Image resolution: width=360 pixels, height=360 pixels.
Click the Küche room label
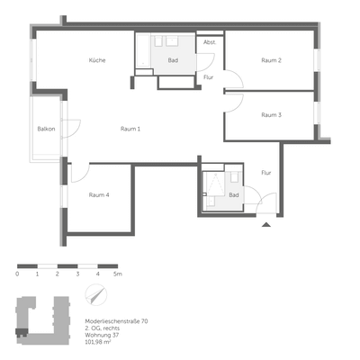click(97, 60)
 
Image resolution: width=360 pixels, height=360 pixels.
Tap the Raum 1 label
click(130, 129)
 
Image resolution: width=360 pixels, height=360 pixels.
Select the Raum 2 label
click(272, 60)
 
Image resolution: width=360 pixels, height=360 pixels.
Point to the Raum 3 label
click(272, 115)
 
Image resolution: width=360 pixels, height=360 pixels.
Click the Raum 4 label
click(99, 194)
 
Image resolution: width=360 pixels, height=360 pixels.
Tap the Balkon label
click(47, 129)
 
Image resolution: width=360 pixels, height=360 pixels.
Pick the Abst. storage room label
click(210, 42)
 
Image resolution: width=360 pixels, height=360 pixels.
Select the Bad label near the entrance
click(234, 194)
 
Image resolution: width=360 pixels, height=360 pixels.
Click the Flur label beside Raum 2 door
click(209, 77)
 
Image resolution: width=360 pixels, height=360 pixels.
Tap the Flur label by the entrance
click(266, 172)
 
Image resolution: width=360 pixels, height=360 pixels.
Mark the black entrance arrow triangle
click(265, 225)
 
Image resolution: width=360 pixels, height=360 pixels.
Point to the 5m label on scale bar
click(118, 273)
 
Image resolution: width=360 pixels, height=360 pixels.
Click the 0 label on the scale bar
click(18, 273)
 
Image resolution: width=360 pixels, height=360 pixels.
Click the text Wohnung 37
click(103, 336)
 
